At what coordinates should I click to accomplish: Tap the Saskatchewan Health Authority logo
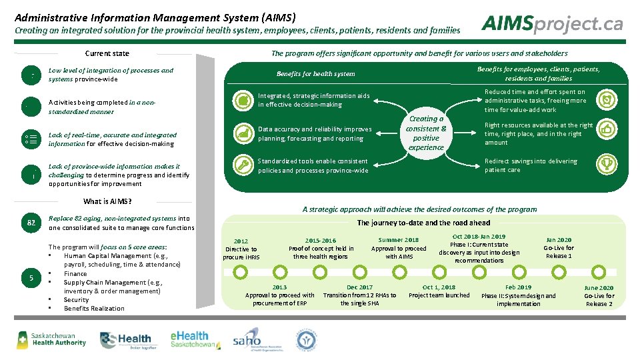coord(51,339)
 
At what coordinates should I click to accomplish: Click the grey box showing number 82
coord(31,223)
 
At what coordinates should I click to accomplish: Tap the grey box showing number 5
coord(31,278)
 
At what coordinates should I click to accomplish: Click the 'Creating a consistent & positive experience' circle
coord(426,133)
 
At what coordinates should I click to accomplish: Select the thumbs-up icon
coord(606,129)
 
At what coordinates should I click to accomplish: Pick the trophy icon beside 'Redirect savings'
coord(606,163)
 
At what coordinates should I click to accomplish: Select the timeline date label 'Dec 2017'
coord(360,287)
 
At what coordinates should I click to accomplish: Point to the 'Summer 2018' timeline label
coord(399,240)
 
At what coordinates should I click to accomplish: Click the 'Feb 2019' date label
coord(518,287)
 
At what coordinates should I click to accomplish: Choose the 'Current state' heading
coord(107,53)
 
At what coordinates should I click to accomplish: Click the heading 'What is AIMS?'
coord(107,201)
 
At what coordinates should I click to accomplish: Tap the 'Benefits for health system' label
coord(315,74)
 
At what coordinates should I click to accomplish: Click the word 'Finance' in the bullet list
coord(75,273)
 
